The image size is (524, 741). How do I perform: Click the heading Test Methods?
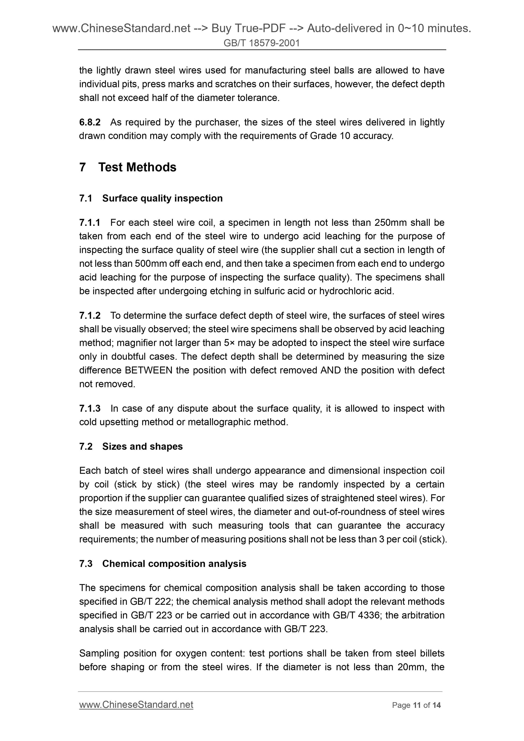click(137, 167)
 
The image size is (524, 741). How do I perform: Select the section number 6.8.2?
click(90, 122)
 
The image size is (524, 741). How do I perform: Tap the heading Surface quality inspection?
click(162, 198)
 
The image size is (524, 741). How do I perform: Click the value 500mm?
click(151, 264)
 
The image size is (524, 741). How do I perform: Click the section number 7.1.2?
click(90, 315)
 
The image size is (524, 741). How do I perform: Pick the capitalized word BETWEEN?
click(149, 370)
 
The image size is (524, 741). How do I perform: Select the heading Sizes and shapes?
click(142, 446)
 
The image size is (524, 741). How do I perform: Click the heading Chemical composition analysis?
click(174, 564)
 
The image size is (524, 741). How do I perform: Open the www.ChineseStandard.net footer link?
click(136, 705)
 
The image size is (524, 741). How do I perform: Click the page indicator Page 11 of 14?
click(416, 705)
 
